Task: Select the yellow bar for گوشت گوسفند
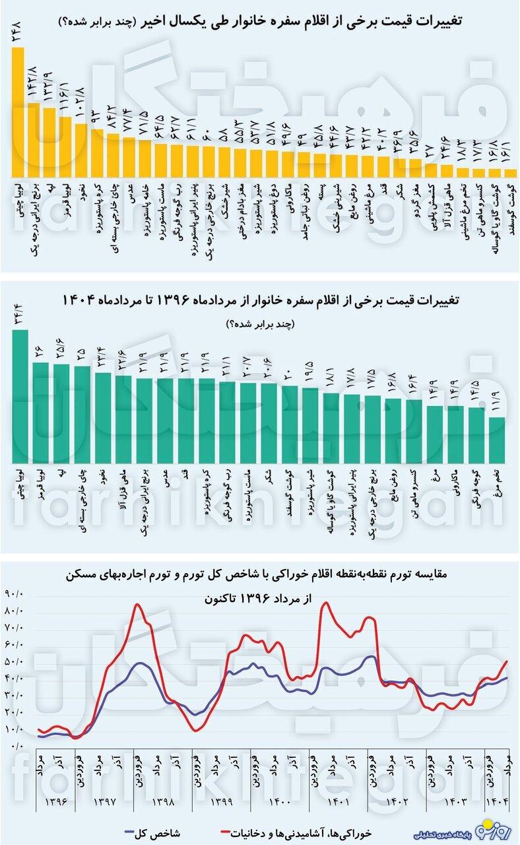point(509,172)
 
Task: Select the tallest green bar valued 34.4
point(20,396)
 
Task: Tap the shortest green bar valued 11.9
point(497,440)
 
